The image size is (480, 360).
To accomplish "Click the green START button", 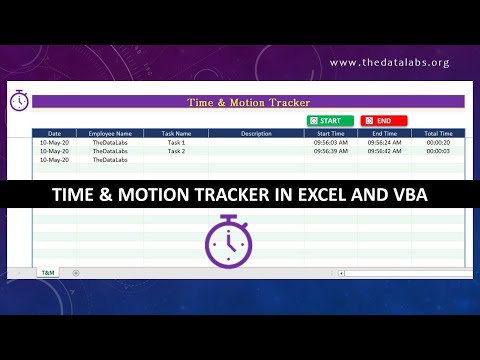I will [x=329, y=120].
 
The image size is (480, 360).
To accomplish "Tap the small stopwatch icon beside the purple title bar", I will [x=19, y=100].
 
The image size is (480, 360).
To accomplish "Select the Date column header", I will [x=54, y=133].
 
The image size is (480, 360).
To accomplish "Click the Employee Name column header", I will [x=110, y=133].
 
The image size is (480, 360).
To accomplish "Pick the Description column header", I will [x=256, y=133].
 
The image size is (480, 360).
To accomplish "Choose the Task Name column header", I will [x=176, y=133].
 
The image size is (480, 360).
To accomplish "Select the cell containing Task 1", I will [x=176, y=143].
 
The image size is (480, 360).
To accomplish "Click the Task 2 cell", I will [x=176, y=151].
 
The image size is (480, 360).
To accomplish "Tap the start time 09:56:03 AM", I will [x=331, y=143].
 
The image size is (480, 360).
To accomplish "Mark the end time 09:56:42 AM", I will [x=384, y=151].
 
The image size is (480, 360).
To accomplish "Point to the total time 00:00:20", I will [x=438, y=143].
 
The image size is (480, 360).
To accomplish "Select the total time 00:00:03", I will [x=438, y=151].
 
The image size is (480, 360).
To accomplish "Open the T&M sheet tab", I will [x=47, y=272].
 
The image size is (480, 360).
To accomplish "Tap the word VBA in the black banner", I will [x=406, y=194].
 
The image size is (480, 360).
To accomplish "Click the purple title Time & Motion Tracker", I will [x=249, y=102].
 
